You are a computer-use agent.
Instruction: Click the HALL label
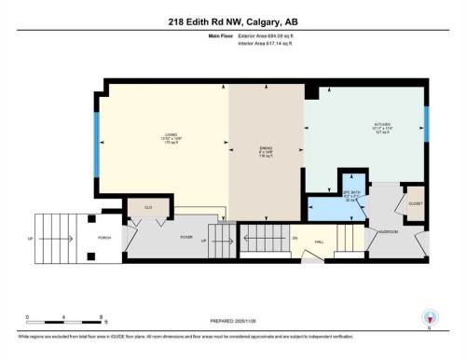coord(320,242)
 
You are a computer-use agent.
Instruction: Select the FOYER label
coord(186,237)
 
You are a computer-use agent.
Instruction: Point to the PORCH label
coord(105,238)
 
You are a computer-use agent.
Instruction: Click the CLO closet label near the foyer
coord(147,206)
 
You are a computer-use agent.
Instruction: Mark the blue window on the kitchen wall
coord(427,120)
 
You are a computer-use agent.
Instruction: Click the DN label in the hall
coord(295,238)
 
